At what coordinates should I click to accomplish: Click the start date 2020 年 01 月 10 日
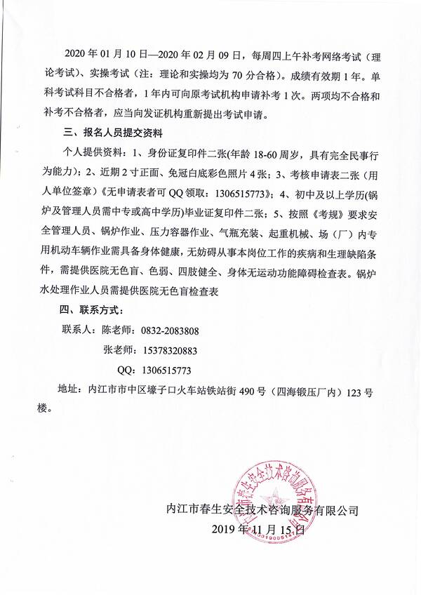[105, 56]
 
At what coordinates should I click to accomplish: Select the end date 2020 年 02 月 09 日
[199, 56]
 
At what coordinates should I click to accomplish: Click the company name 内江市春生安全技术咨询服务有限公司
[260, 511]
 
